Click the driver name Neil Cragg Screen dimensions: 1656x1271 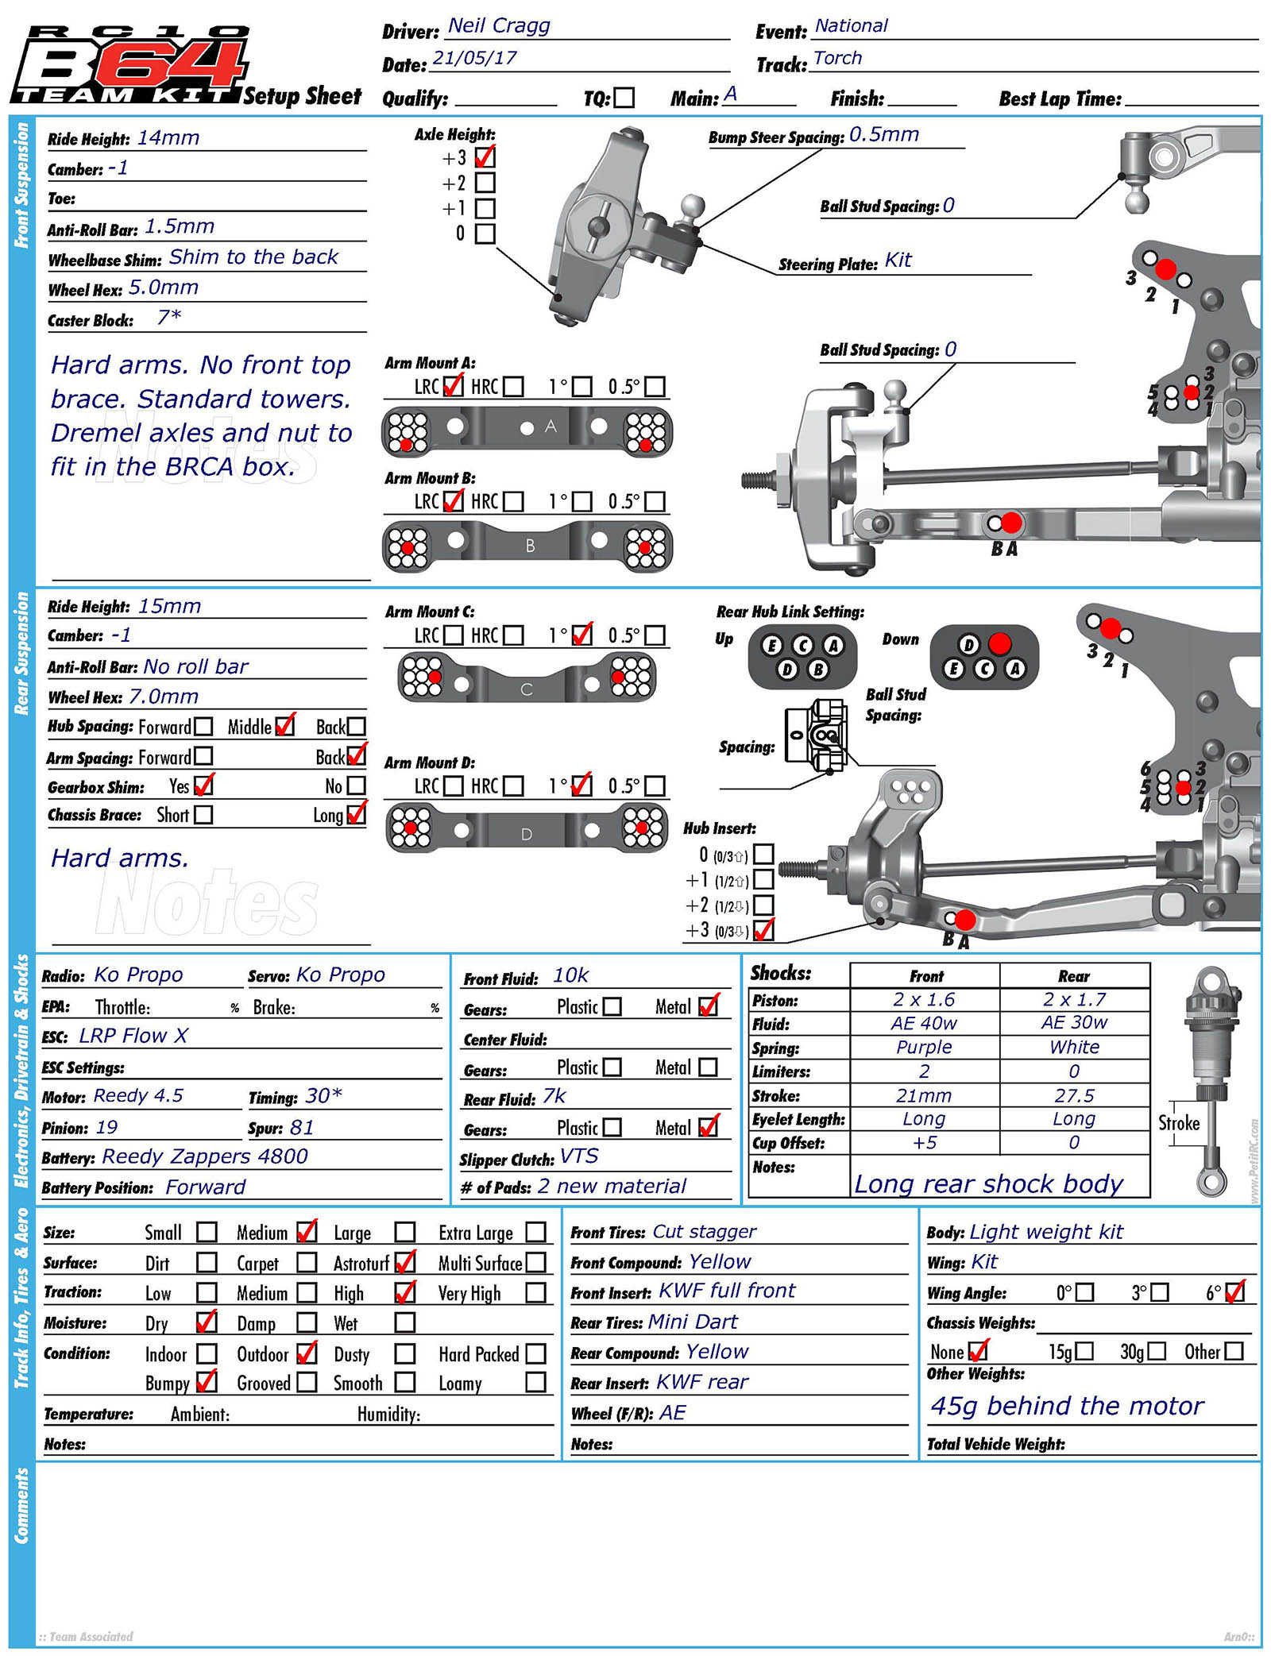[498, 26]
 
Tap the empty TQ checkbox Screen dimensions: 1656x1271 [624, 98]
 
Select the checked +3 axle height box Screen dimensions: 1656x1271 [485, 157]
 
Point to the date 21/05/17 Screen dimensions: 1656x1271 [474, 59]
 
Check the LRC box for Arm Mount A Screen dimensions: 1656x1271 [453, 387]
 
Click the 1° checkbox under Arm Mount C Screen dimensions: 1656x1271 [581, 635]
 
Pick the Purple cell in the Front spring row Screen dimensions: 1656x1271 [923, 1047]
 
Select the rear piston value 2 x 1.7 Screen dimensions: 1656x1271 [1074, 999]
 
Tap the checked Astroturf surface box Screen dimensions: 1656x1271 [405, 1262]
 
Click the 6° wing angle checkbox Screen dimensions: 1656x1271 [1234, 1292]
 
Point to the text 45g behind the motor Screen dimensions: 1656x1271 [1066, 1406]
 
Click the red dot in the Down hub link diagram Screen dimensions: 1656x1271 [999, 643]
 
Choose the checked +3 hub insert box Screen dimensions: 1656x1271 [763, 930]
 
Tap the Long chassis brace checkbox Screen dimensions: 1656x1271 [357, 814]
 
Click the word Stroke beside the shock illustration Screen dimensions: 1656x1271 [1178, 1123]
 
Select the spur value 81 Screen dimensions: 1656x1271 [302, 1128]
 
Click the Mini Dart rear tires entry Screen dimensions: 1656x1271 [693, 1322]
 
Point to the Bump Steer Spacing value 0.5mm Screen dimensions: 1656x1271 [883, 135]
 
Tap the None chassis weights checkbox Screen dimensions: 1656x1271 [978, 1351]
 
